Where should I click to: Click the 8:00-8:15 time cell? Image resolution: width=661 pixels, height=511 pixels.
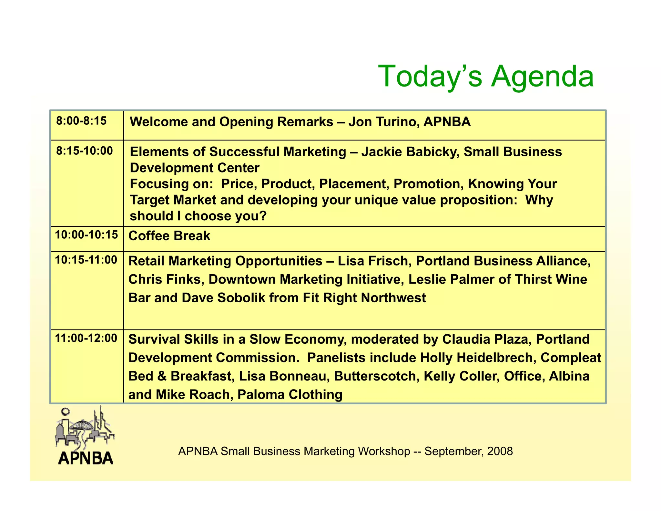point(81,121)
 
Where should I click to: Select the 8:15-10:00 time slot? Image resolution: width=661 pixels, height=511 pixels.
point(85,151)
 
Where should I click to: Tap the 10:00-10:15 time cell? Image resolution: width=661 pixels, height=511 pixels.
point(86,235)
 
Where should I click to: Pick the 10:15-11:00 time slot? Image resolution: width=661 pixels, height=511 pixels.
point(86,260)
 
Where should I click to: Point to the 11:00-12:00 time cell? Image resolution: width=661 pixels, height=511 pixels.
point(86,339)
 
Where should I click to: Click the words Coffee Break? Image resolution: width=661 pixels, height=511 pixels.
point(169,236)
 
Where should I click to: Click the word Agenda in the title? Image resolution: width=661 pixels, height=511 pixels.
point(542,77)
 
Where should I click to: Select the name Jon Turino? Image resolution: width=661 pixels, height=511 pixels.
point(384,122)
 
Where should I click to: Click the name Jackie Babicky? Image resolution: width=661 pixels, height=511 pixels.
point(410,152)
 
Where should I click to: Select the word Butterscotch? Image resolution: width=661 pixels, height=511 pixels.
point(376,376)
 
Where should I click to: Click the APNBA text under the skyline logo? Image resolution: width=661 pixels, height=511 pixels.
point(86,458)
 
